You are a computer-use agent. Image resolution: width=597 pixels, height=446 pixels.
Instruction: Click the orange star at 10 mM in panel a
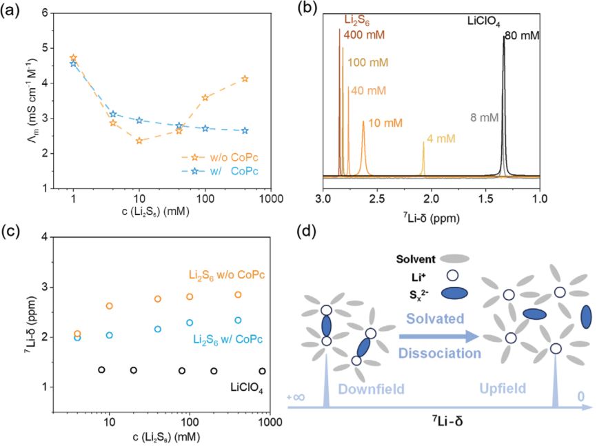click(139, 141)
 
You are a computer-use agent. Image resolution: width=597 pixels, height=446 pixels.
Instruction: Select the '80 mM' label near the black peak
click(522, 36)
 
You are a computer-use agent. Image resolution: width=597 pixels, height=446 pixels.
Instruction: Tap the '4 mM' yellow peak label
click(441, 139)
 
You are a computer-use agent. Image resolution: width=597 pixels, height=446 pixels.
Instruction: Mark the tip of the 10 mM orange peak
click(363, 121)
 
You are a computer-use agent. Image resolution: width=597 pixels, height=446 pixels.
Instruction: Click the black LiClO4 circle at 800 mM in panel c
click(262, 371)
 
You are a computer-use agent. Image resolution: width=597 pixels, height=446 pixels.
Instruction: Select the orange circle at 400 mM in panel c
click(238, 295)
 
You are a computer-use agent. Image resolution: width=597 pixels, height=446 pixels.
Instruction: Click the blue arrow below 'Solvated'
click(438, 336)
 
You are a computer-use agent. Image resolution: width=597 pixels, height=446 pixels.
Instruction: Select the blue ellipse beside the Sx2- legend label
click(452, 293)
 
